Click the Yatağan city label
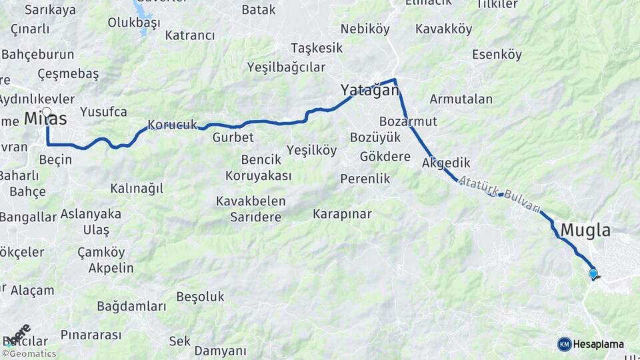click(x=369, y=90)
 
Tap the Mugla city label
click(x=586, y=231)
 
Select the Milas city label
click(x=45, y=119)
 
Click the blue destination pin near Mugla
click(x=593, y=273)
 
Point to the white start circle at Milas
click(x=47, y=112)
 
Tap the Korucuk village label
click(x=173, y=125)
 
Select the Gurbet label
click(x=233, y=137)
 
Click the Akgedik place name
click(x=446, y=163)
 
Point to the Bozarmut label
click(x=408, y=121)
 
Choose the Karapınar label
click(x=342, y=214)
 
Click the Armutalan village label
click(x=461, y=99)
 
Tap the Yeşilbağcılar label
click(x=286, y=67)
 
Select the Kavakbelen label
click(x=251, y=201)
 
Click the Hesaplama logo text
click(x=599, y=344)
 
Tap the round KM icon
click(x=565, y=344)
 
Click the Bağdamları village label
click(x=131, y=307)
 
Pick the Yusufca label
click(x=103, y=111)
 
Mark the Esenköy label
click(x=497, y=55)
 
